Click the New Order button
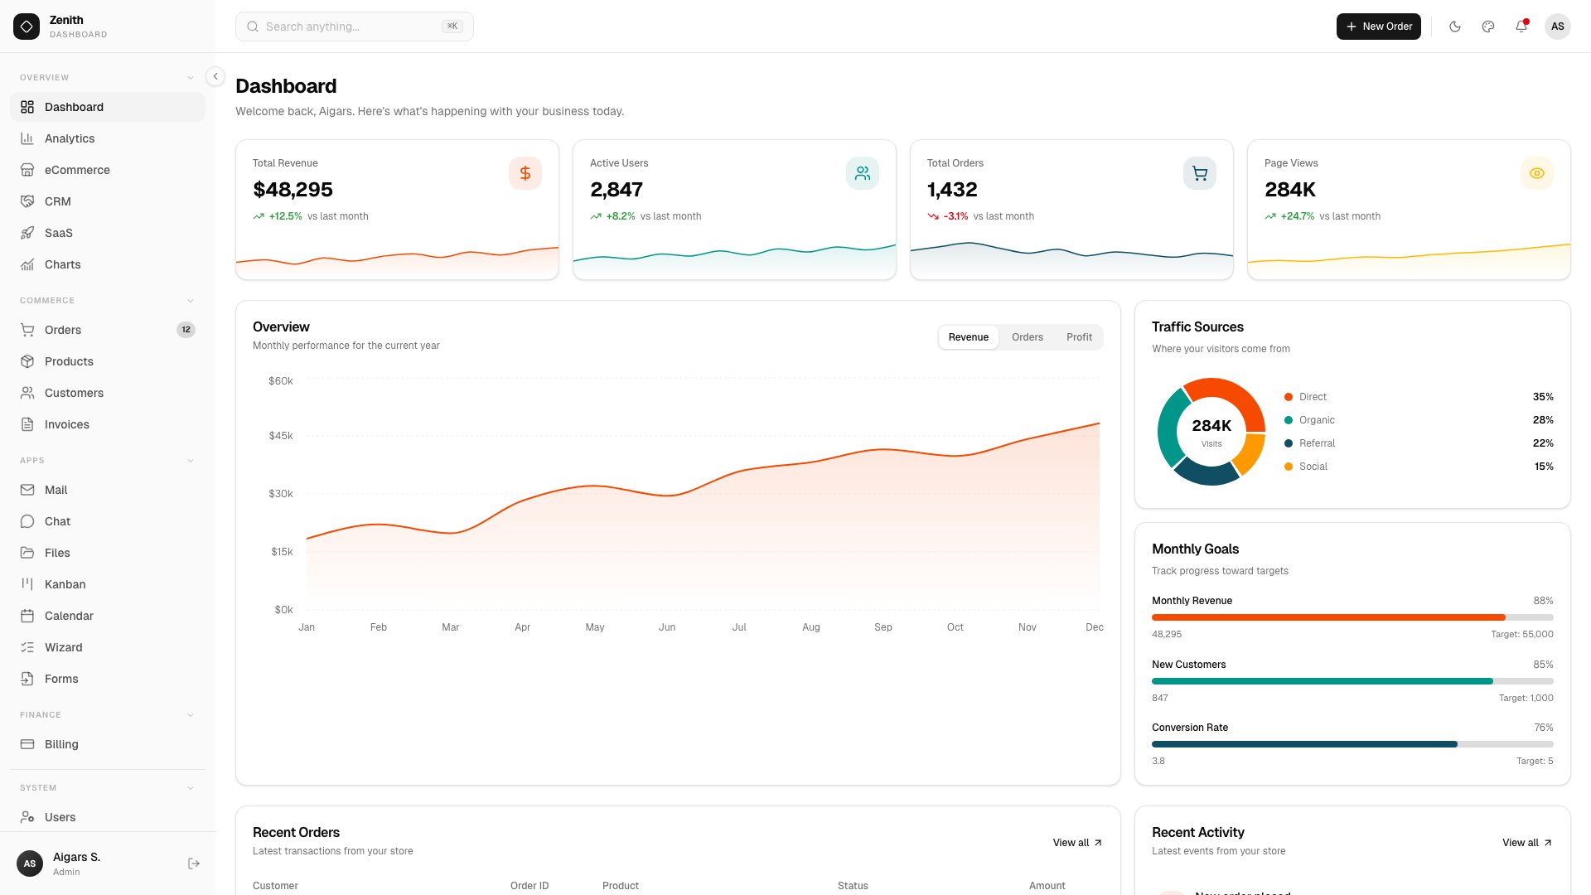pyautogui.click(x=1378, y=27)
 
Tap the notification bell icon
pyautogui.click(x=1521, y=27)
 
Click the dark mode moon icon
pyautogui.click(x=1455, y=27)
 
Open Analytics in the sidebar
pyautogui.click(x=70, y=138)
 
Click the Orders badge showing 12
pyautogui.click(x=186, y=330)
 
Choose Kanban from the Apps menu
pyautogui.click(x=65, y=584)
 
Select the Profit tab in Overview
pyautogui.click(x=1079, y=337)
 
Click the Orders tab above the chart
pyautogui.click(x=1027, y=337)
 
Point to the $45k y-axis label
pyautogui.click(x=280, y=436)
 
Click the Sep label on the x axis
pyautogui.click(x=883, y=627)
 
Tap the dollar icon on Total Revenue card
pyautogui.click(x=525, y=173)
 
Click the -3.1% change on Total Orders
pyautogui.click(x=955, y=216)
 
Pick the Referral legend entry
pyautogui.click(x=1316, y=443)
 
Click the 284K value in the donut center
pyautogui.click(x=1211, y=426)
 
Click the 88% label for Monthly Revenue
pyautogui.click(x=1543, y=601)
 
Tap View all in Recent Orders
pyautogui.click(x=1076, y=843)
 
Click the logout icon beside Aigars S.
pyautogui.click(x=194, y=864)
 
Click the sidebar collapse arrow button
pyautogui.click(x=215, y=76)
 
